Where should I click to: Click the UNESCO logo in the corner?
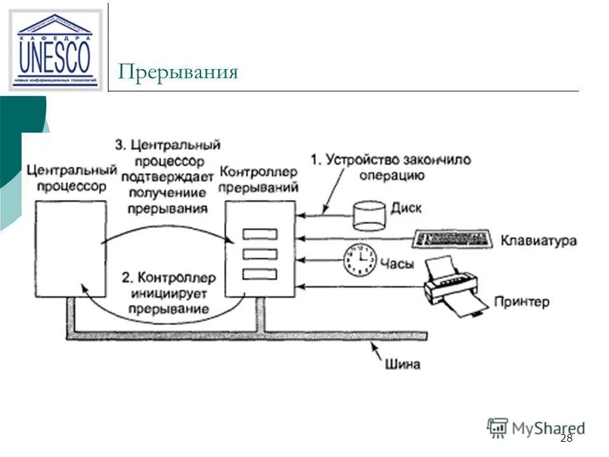pyautogui.click(x=55, y=50)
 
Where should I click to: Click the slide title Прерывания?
pyautogui.click(x=178, y=72)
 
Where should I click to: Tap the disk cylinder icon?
pyautogui.click(x=369, y=215)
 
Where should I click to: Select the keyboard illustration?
pyautogui.click(x=452, y=239)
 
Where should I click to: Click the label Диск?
pyautogui.click(x=406, y=208)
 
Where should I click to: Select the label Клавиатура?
pyautogui.click(x=539, y=241)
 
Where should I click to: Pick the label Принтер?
pyautogui.click(x=521, y=301)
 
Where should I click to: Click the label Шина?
pyautogui.click(x=402, y=364)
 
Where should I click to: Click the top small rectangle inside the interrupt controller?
pyautogui.click(x=260, y=234)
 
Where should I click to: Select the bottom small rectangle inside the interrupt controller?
pyautogui.click(x=260, y=274)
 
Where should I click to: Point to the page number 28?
pyautogui.click(x=566, y=439)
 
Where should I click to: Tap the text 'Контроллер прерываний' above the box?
pyautogui.click(x=258, y=180)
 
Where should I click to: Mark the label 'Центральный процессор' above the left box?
pyautogui.click(x=72, y=178)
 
